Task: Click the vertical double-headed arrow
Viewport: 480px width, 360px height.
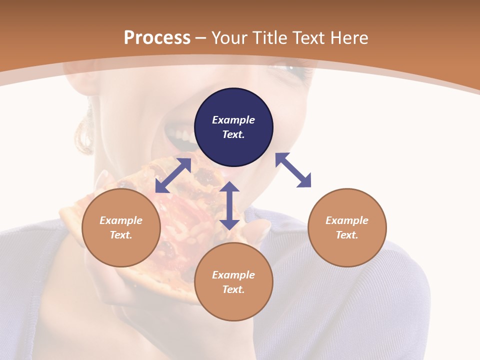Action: (x=229, y=205)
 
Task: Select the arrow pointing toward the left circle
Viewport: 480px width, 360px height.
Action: (x=173, y=175)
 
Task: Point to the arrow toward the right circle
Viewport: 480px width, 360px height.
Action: (x=293, y=170)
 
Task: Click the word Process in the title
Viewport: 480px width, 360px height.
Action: (x=157, y=38)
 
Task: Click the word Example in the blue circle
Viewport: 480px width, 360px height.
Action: (x=233, y=120)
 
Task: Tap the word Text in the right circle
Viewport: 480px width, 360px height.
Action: (x=346, y=235)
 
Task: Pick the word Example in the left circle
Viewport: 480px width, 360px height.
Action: (x=121, y=220)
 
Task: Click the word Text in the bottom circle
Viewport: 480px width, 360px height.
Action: (x=232, y=289)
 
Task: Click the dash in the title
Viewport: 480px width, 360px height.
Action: (x=201, y=38)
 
